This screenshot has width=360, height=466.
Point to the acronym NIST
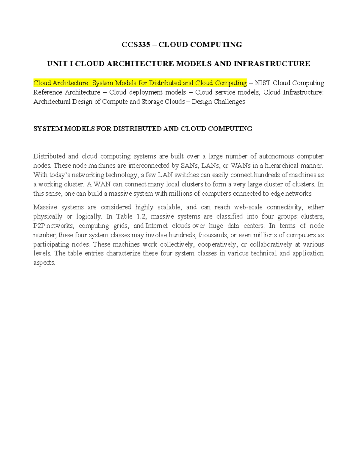click(262, 83)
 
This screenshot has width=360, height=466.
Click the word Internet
click(156, 226)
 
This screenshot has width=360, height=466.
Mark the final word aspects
click(44, 263)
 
